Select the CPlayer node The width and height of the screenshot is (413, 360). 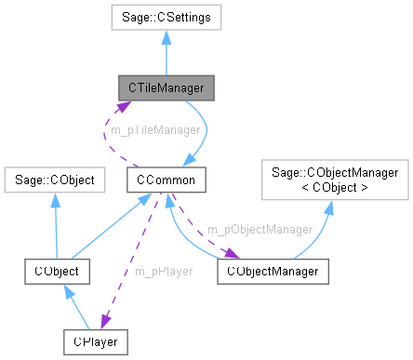[96, 340]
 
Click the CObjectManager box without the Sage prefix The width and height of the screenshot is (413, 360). [273, 271]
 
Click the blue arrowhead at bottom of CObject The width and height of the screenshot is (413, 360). [66, 289]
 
